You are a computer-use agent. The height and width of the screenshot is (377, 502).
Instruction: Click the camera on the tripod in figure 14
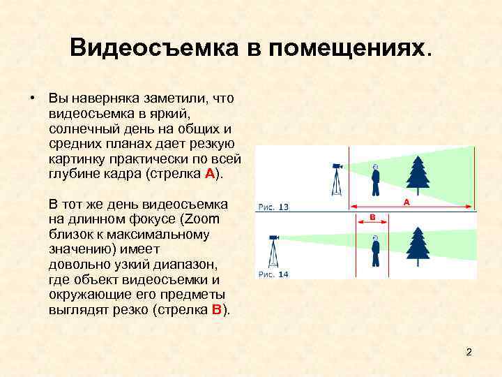(x=275, y=238)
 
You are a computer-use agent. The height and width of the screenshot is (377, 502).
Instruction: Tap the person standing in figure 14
(x=376, y=251)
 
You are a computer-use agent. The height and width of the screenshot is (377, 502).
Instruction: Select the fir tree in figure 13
(x=418, y=174)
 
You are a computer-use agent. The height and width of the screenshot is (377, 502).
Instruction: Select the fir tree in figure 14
(x=418, y=246)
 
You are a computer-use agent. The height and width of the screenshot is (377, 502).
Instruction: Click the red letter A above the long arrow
(x=406, y=201)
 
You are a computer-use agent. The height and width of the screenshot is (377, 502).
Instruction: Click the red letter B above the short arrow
(x=372, y=217)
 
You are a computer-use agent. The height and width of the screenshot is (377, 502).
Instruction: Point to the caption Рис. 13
(x=273, y=207)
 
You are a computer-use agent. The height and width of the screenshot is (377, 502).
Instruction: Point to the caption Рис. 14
(x=273, y=274)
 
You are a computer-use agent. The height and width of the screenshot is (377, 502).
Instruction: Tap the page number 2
(x=469, y=352)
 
